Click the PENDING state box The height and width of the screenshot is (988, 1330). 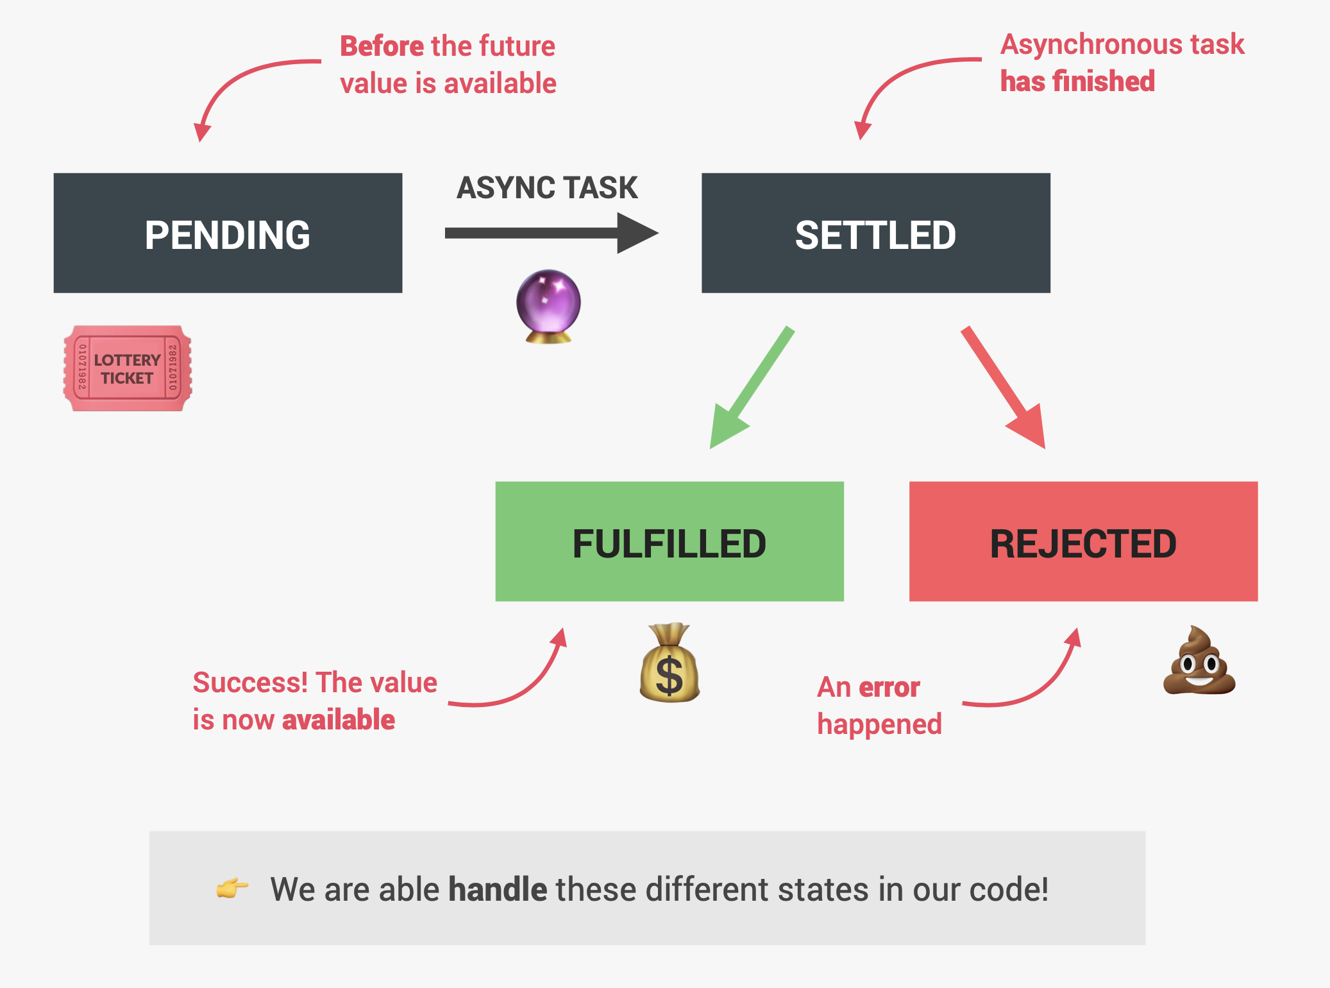coord(228,233)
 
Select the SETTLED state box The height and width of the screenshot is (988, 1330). coord(875,233)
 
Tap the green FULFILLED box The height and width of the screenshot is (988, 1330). coord(669,541)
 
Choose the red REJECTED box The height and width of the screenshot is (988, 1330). coord(1083,541)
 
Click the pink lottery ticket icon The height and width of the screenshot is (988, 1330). coord(127,368)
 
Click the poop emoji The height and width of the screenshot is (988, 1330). coord(1199,661)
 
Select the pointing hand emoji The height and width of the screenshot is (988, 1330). coord(231,888)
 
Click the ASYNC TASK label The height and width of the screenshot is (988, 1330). coord(547,188)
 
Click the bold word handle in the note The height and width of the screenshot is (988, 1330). coord(497,889)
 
